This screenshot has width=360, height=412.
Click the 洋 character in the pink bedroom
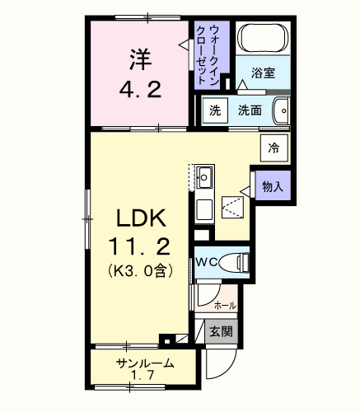point(141,59)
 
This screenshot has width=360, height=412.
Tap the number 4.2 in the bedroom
point(140,90)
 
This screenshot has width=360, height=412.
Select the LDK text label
point(141,218)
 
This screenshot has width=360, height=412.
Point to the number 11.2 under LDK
point(139,246)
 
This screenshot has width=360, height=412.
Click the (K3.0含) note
point(140,271)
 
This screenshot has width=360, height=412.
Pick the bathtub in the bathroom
point(264,38)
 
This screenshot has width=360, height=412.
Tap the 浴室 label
point(263,73)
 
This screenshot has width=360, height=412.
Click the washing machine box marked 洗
point(215,110)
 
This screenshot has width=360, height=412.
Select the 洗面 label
point(250,110)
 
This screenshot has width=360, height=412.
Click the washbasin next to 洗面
point(282,111)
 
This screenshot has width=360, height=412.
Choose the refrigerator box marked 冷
point(274,147)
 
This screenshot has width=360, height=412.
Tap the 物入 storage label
point(273,187)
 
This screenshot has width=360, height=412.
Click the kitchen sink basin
point(204,177)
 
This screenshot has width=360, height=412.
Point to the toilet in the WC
point(235,262)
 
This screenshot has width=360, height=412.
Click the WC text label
point(207,263)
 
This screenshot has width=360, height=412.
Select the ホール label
point(225,305)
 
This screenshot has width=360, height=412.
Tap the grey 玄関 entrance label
point(222,331)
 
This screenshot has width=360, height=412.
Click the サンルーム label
point(145,363)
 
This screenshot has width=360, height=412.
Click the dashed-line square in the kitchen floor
point(233,208)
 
